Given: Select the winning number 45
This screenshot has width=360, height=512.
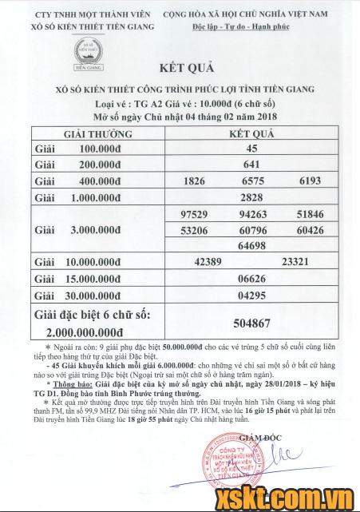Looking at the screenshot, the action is click(x=251, y=149).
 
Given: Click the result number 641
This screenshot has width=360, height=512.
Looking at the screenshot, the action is click(x=251, y=165).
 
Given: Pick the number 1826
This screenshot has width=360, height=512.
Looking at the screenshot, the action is click(x=195, y=181).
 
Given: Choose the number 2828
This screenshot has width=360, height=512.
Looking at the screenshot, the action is click(x=251, y=197).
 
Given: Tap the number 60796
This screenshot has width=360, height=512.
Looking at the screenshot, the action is click(x=252, y=231).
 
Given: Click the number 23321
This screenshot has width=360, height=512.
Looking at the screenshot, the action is click(x=296, y=262).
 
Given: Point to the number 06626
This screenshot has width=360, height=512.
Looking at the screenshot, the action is click(x=251, y=278).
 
